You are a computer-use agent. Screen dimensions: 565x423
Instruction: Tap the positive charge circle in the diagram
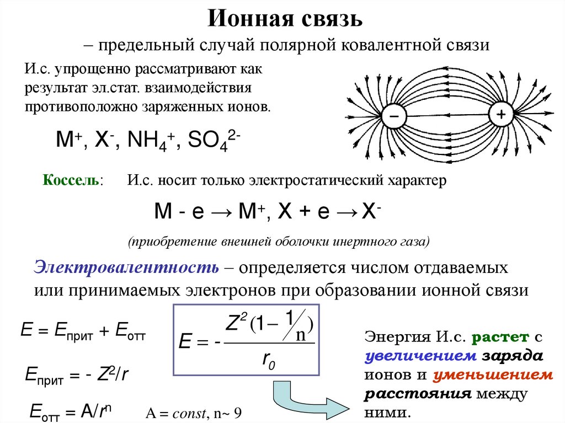point(500,115)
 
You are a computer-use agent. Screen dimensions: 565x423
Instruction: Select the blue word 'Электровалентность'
point(126,268)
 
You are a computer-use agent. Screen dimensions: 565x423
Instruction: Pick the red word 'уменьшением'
point(492,375)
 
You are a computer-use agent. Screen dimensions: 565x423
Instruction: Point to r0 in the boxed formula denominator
point(268,361)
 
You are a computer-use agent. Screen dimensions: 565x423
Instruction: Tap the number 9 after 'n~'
point(238,414)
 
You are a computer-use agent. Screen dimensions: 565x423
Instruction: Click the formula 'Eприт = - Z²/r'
point(77,375)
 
